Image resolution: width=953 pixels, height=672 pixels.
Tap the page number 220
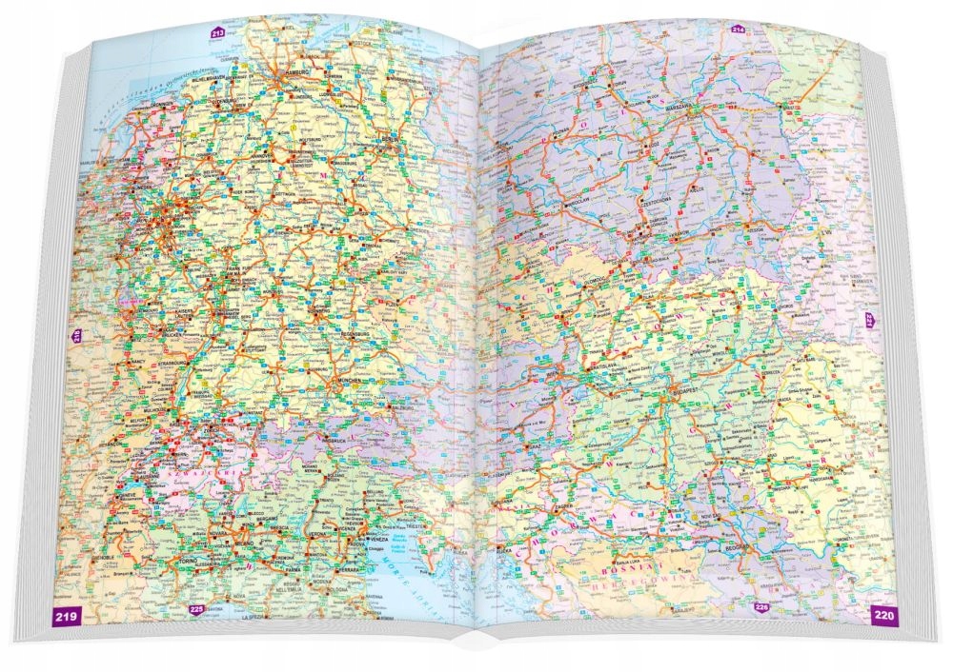883,616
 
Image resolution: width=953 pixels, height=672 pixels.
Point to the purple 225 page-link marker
196,610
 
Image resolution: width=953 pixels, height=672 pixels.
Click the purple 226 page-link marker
761,606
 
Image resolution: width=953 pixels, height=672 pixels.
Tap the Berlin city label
391,139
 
